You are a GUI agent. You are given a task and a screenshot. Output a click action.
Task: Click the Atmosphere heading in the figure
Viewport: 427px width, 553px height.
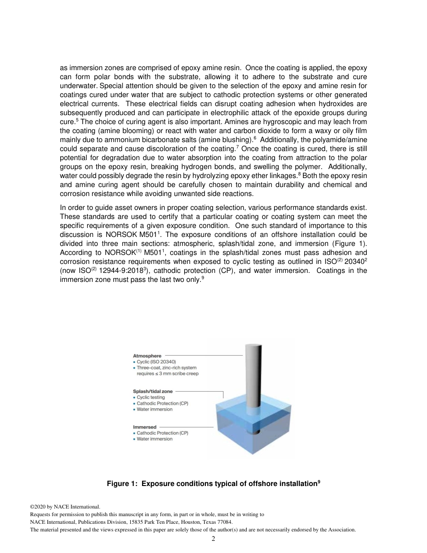pyautogui.click(x=147, y=356)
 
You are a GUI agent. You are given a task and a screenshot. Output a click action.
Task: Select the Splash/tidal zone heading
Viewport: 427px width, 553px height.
pyautogui.click(x=152, y=391)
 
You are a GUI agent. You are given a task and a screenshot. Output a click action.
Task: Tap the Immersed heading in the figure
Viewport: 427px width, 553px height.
pyautogui.click(x=145, y=427)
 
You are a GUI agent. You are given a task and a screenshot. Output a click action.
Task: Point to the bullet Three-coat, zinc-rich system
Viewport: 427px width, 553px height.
pyautogui.click(x=166, y=367)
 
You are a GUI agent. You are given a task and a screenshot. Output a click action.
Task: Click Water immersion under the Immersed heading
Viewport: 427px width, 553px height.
pyautogui.click(x=154, y=439)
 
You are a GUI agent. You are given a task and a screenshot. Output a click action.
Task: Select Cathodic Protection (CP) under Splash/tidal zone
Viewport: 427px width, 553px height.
pyautogui.click(x=162, y=403)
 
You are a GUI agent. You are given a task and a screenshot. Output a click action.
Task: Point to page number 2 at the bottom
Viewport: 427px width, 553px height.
pyautogui.click(x=213, y=539)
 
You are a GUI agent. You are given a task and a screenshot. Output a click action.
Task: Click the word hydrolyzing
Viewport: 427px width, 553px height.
pyautogui.click(x=195, y=176)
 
